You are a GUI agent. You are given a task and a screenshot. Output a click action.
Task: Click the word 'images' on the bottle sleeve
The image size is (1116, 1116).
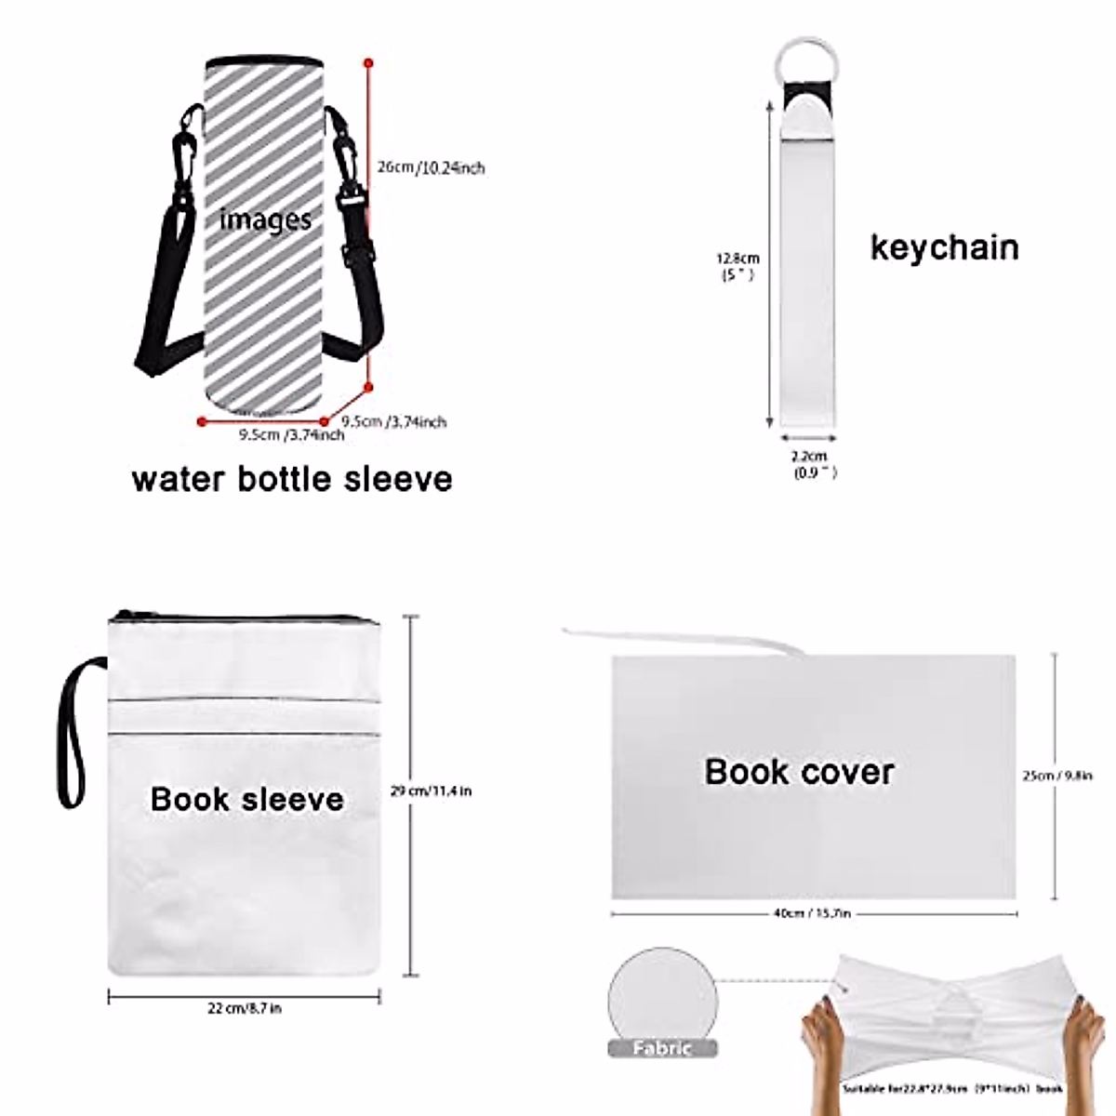pos(265,220)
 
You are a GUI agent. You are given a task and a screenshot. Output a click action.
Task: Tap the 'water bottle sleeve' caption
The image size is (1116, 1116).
pos(292,479)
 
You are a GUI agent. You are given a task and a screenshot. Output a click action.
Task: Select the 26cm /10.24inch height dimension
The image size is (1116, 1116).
pos(431,168)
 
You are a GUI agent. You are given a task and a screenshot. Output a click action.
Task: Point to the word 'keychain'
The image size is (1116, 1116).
pos(944,247)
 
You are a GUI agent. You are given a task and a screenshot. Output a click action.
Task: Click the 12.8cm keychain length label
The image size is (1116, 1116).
pos(737,266)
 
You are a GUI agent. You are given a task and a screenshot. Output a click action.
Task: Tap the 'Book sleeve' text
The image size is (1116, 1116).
pos(246,799)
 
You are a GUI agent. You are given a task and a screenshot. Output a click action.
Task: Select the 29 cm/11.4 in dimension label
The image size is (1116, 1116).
pos(431,791)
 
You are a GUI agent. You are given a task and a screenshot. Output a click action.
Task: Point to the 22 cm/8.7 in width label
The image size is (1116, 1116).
pos(245,1008)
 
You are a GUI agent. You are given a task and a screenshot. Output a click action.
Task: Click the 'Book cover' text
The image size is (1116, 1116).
pos(799,771)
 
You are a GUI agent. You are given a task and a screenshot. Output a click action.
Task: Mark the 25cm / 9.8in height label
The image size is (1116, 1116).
pos(1057,776)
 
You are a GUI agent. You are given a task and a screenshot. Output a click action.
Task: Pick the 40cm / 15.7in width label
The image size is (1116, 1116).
pos(812,913)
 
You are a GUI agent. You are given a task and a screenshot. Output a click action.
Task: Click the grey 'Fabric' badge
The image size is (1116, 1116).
pos(662,1048)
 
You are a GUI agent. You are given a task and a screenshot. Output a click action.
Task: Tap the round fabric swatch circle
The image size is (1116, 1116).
pos(661,994)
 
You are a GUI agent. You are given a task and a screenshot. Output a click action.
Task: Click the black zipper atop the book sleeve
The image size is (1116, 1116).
pos(244,616)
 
